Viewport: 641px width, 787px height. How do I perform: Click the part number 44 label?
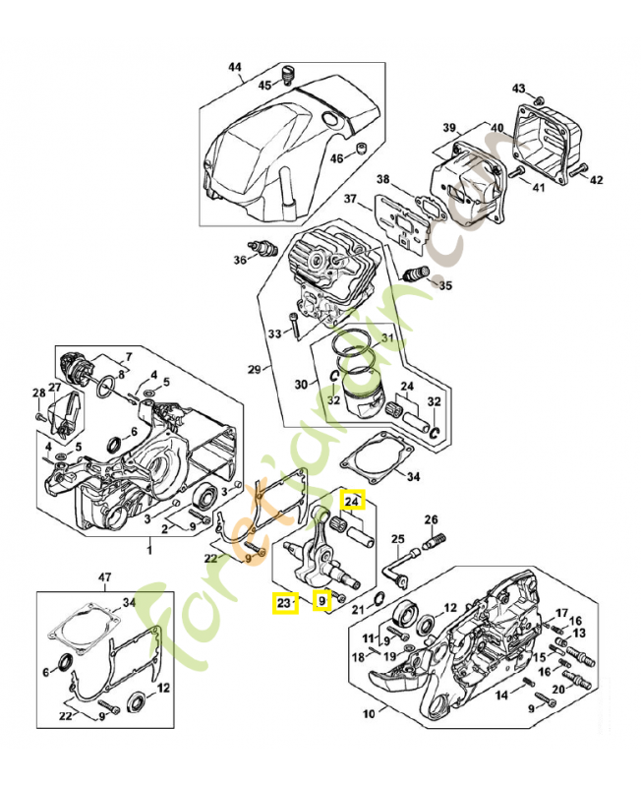click(234, 67)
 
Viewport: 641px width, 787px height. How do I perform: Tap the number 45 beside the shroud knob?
click(264, 86)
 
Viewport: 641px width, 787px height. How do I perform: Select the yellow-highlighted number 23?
click(284, 602)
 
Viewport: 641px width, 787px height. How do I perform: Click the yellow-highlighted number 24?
click(353, 500)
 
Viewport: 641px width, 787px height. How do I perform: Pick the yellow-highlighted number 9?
click(321, 600)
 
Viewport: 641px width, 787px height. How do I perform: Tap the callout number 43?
click(519, 89)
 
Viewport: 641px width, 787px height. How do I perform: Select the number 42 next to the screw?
click(596, 179)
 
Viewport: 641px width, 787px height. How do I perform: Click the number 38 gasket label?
click(383, 179)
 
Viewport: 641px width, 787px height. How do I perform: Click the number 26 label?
click(430, 519)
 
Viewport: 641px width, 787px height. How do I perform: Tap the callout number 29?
click(254, 369)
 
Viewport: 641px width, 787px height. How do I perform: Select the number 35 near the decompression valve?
click(445, 286)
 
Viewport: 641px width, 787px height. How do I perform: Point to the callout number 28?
click(38, 393)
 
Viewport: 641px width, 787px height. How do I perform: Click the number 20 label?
click(557, 689)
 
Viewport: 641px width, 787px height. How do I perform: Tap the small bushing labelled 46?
click(360, 149)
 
